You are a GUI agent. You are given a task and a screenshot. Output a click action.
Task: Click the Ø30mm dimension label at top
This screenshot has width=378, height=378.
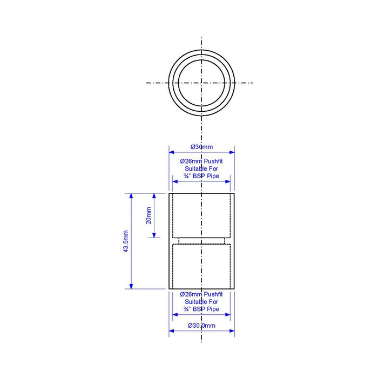[202, 147]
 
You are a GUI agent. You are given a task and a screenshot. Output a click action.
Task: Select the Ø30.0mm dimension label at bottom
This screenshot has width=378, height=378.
[201, 326]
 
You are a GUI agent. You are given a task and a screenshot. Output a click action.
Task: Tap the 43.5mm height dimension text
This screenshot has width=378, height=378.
[126, 241]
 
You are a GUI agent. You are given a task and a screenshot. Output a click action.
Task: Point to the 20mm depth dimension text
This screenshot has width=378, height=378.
[148, 215]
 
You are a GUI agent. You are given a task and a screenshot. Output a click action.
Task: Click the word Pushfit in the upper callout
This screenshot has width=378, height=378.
[213, 161]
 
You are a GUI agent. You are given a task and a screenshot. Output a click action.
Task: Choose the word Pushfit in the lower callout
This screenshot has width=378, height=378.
[213, 294]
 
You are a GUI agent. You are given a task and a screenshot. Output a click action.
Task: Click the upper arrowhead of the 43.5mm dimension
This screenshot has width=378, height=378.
[131, 195]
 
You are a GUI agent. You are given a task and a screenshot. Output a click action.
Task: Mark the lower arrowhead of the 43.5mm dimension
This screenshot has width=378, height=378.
[131, 286]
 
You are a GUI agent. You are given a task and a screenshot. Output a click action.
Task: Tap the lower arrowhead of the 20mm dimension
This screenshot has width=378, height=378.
[154, 235]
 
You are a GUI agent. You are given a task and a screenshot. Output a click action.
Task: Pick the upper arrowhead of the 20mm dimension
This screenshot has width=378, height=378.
[154, 195]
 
